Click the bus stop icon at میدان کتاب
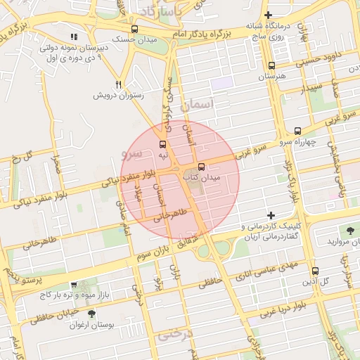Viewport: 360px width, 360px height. (202, 167)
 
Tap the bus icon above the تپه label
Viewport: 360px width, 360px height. (163, 143)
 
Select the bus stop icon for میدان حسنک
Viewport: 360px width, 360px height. (134, 30)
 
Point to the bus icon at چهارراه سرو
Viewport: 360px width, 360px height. (297, 131)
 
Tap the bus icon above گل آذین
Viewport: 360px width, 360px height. (314, 271)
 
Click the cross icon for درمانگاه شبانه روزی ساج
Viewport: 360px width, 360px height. (268, 15)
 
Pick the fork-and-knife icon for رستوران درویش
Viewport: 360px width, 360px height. (119, 82)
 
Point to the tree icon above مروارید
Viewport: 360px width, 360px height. (350, 230)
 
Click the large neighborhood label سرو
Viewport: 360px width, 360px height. (131, 151)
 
